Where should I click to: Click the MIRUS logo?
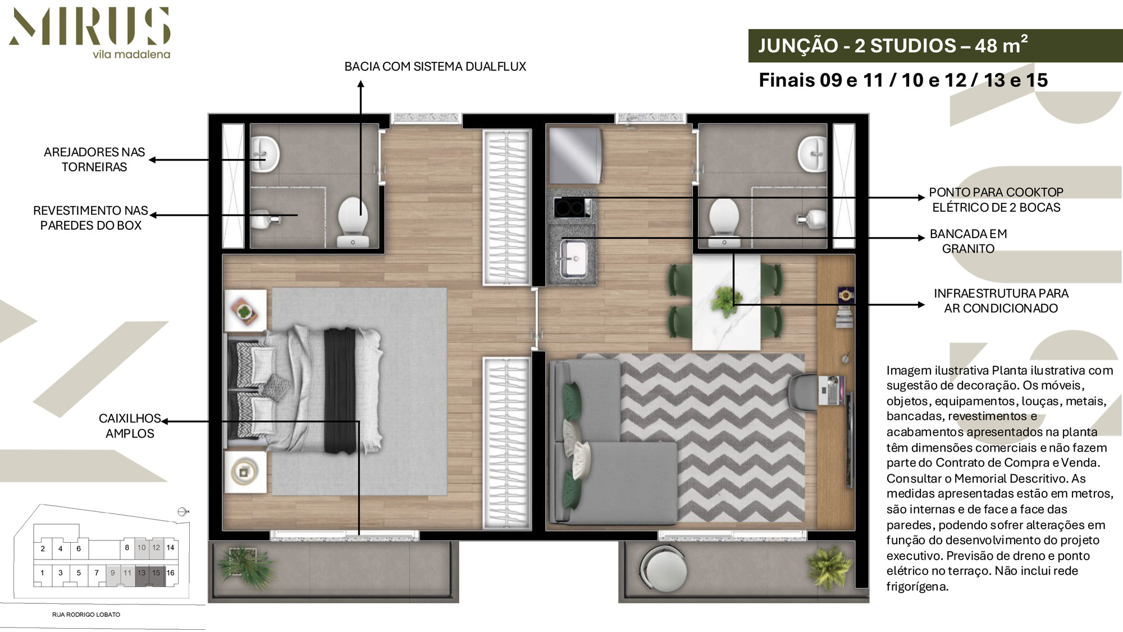point(90,33)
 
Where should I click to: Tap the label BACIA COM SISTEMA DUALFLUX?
point(435,66)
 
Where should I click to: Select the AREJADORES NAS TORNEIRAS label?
point(94,160)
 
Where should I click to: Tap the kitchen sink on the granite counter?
point(572,257)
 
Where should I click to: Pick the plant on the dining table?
point(725,299)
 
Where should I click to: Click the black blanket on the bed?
point(340,391)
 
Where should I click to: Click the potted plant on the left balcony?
point(245,565)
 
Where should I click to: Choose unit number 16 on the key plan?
point(170,573)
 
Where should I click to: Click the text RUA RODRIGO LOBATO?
point(86,615)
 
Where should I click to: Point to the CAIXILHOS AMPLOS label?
point(130,426)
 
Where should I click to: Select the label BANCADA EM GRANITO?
point(968,241)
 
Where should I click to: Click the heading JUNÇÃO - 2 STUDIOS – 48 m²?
point(893,45)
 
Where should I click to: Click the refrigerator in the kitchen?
point(575,156)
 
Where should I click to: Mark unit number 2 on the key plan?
point(43,549)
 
